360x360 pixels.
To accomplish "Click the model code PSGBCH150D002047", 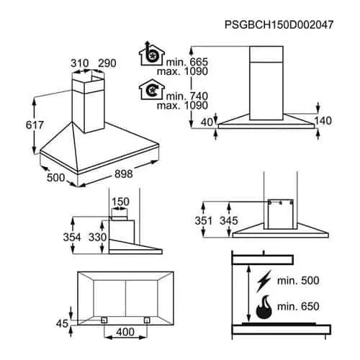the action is pyautogui.click(x=279, y=24).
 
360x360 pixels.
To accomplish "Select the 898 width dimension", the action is pyautogui.click(x=124, y=174).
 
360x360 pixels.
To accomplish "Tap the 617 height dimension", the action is pyautogui.click(x=35, y=125).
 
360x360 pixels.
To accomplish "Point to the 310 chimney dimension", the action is pyautogui.click(x=80, y=63).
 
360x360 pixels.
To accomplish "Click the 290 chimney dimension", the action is pyautogui.click(x=107, y=63).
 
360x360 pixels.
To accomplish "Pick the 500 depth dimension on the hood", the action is pyautogui.click(x=56, y=178).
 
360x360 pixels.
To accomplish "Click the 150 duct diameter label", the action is pyautogui.click(x=120, y=202).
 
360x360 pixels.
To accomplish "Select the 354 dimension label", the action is pyautogui.click(x=72, y=238).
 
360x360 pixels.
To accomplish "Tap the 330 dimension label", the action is pyautogui.click(x=97, y=238).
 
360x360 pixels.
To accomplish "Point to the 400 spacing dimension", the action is pyautogui.click(x=125, y=332).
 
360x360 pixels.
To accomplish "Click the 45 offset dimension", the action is pyautogui.click(x=62, y=324).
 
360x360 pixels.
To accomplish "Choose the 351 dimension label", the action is pyautogui.click(x=204, y=221).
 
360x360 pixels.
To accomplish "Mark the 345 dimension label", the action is pyautogui.click(x=229, y=221).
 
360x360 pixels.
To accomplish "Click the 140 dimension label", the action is pyautogui.click(x=323, y=121).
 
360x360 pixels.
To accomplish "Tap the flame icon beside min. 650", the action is pyautogui.click(x=264, y=307).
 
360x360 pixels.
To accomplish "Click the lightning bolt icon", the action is pyautogui.click(x=264, y=281).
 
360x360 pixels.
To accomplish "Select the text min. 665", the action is pyautogui.click(x=187, y=62).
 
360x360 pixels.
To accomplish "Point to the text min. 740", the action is pyautogui.click(x=187, y=96).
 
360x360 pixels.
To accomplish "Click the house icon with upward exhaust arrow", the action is pyautogui.click(x=152, y=54).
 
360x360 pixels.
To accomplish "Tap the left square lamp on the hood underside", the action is pyautogui.click(x=104, y=320).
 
